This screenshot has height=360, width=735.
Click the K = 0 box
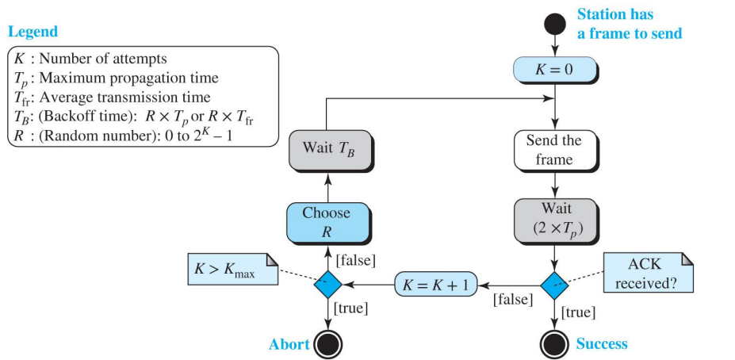[x=553, y=69]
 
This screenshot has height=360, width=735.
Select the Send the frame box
[x=553, y=150]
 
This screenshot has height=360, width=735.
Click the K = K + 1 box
[x=435, y=283]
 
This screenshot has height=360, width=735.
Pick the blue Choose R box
[x=325, y=221]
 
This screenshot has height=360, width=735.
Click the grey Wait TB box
[x=325, y=148]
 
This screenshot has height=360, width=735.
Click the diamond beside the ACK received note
[x=553, y=283]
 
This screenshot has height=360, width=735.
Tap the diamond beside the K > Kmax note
[x=325, y=283]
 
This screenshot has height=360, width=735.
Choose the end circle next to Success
[x=553, y=343]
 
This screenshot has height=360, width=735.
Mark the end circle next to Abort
[x=325, y=343]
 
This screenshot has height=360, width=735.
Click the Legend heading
[x=33, y=32]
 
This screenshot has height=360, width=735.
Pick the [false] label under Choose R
[x=354, y=259]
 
